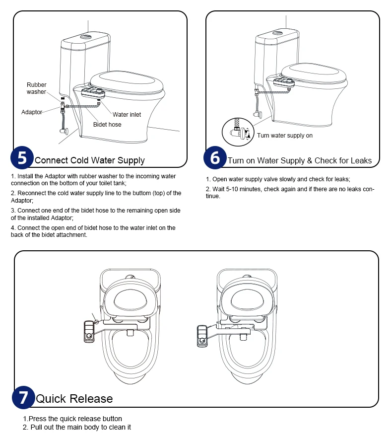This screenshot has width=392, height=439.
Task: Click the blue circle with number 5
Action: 22,157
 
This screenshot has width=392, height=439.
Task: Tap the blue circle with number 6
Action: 215,157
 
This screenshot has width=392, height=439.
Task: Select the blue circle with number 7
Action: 23,398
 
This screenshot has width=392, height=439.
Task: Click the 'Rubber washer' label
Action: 36,88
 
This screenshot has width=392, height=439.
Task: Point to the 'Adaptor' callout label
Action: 32,112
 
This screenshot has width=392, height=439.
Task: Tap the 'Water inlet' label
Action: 127,115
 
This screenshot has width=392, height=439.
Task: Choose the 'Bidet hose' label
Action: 107,125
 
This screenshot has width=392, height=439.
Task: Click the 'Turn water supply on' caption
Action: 284,136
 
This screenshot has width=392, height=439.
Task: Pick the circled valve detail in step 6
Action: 238,132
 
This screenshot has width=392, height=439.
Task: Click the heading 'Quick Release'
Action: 74,399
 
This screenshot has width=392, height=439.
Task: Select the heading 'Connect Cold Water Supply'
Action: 89,160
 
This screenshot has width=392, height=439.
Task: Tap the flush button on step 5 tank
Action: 85,36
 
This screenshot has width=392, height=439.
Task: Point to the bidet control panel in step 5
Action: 93,93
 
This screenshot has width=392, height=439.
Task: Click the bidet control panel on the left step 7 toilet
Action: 89,332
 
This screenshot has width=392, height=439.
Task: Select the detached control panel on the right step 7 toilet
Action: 202,336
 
